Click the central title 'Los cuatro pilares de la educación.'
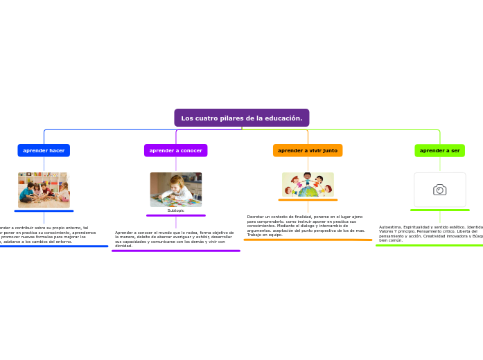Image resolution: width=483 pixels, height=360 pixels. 241,118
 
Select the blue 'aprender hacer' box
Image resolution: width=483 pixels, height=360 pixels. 44,150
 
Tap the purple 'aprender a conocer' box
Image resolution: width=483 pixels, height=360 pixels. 175,150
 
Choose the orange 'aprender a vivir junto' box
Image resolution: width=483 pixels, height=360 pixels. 308,150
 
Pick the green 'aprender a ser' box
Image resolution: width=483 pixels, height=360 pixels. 439,150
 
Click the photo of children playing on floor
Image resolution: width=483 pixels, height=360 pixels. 44,189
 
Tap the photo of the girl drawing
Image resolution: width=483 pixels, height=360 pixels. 175,189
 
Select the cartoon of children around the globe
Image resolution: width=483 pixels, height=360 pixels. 308,185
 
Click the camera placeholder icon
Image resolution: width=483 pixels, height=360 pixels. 439,190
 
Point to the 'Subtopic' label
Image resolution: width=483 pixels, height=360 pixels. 175,210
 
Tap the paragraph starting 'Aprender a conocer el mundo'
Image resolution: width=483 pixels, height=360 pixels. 174,239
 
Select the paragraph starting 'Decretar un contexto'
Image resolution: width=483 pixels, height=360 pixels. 306,226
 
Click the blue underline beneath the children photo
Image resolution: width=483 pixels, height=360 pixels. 44,210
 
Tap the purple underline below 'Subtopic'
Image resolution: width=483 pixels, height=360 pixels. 175,215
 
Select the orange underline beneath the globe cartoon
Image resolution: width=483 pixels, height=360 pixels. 308,199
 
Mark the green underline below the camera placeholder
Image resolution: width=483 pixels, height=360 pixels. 439,209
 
